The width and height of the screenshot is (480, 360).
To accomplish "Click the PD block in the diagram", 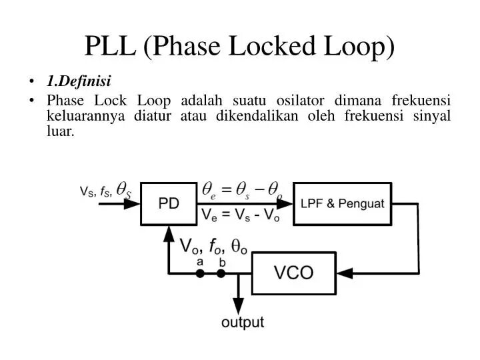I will [x=169, y=203].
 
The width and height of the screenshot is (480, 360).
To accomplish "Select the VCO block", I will [x=293, y=273].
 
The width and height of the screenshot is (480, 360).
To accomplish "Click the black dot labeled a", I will [x=199, y=273].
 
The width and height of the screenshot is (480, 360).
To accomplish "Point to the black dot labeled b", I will [x=221, y=273].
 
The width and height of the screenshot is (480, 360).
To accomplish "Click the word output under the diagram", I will [x=243, y=323].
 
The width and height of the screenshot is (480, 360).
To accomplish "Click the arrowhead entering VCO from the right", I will [x=344, y=273].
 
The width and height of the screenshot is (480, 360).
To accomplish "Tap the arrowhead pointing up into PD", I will [x=169, y=233].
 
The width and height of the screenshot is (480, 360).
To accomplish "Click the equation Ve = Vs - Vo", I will [x=241, y=215].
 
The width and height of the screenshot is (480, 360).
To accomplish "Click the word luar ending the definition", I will [x=60, y=131].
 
